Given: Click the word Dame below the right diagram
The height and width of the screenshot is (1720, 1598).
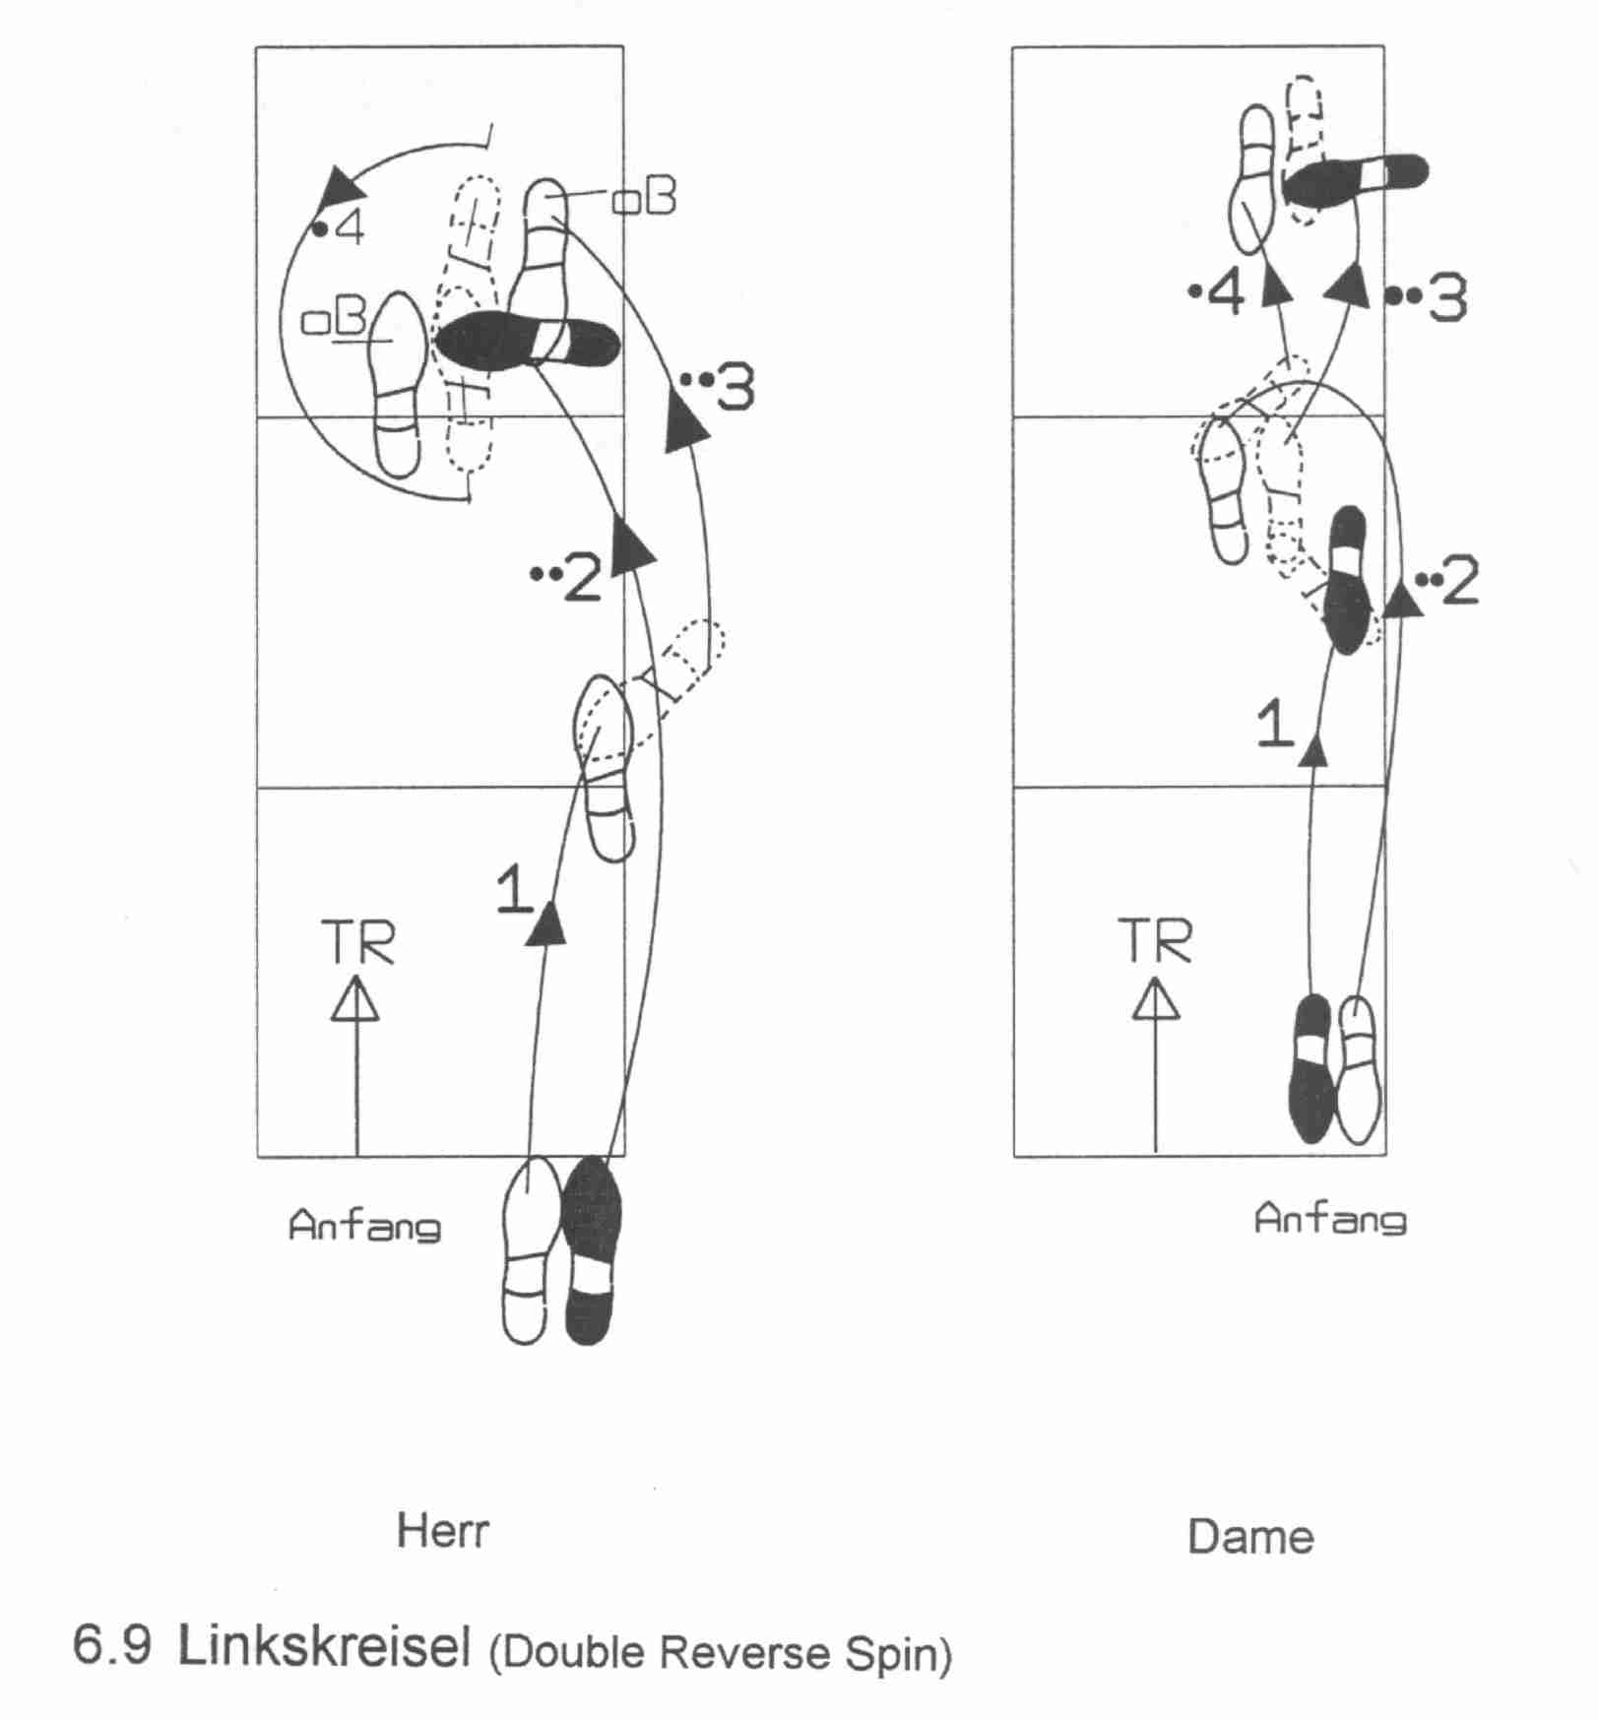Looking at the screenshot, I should [x=1249, y=1537].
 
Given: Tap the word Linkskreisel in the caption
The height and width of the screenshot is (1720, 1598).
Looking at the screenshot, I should [x=324, y=1646].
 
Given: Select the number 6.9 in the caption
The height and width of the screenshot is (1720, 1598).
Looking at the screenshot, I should [x=112, y=1646].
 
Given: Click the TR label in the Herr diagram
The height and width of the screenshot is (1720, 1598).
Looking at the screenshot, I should [x=358, y=942].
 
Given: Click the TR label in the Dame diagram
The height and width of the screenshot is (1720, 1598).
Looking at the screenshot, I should [x=1154, y=940].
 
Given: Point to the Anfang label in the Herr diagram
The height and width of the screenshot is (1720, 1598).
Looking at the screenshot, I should [x=364, y=1226].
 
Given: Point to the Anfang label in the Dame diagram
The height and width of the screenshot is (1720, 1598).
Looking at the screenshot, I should [x=1330, y=1219].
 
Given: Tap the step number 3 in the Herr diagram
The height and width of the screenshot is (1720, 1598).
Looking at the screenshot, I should [x=735, y=387].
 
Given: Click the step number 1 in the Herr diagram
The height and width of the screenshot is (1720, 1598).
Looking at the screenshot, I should [x=514, y=889].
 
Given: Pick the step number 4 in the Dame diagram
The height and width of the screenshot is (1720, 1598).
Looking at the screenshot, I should [x=1225, y=294].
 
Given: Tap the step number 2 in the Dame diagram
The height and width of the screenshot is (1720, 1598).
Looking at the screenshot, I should [x=1458, y=581].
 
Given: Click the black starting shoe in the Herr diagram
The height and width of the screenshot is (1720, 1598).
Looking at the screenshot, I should [x=590, y=1248].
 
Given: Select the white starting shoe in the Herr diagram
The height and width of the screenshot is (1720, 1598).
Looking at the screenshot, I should [x=528, y=1250].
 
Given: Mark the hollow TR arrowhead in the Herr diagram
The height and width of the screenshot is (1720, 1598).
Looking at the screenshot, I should [x=355, y=999].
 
